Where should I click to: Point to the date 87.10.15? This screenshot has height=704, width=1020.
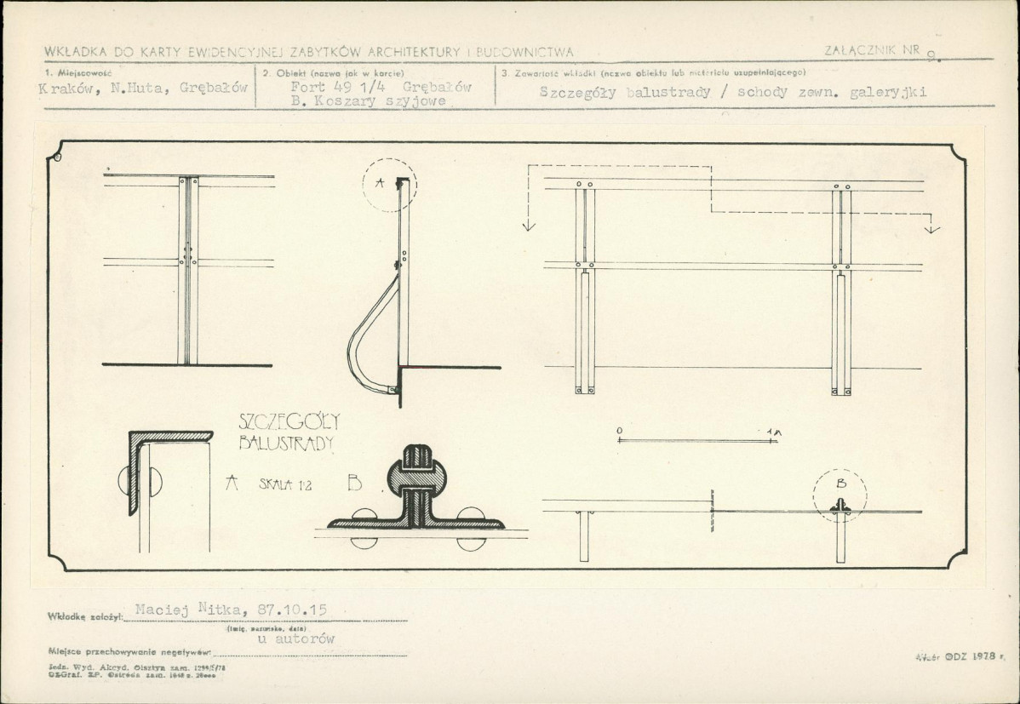295,610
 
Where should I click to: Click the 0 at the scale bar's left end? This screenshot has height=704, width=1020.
619,432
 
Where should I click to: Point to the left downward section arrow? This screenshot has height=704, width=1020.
528,225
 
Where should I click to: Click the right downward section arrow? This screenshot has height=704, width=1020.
933,227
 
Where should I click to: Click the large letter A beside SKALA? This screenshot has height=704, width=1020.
230,484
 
